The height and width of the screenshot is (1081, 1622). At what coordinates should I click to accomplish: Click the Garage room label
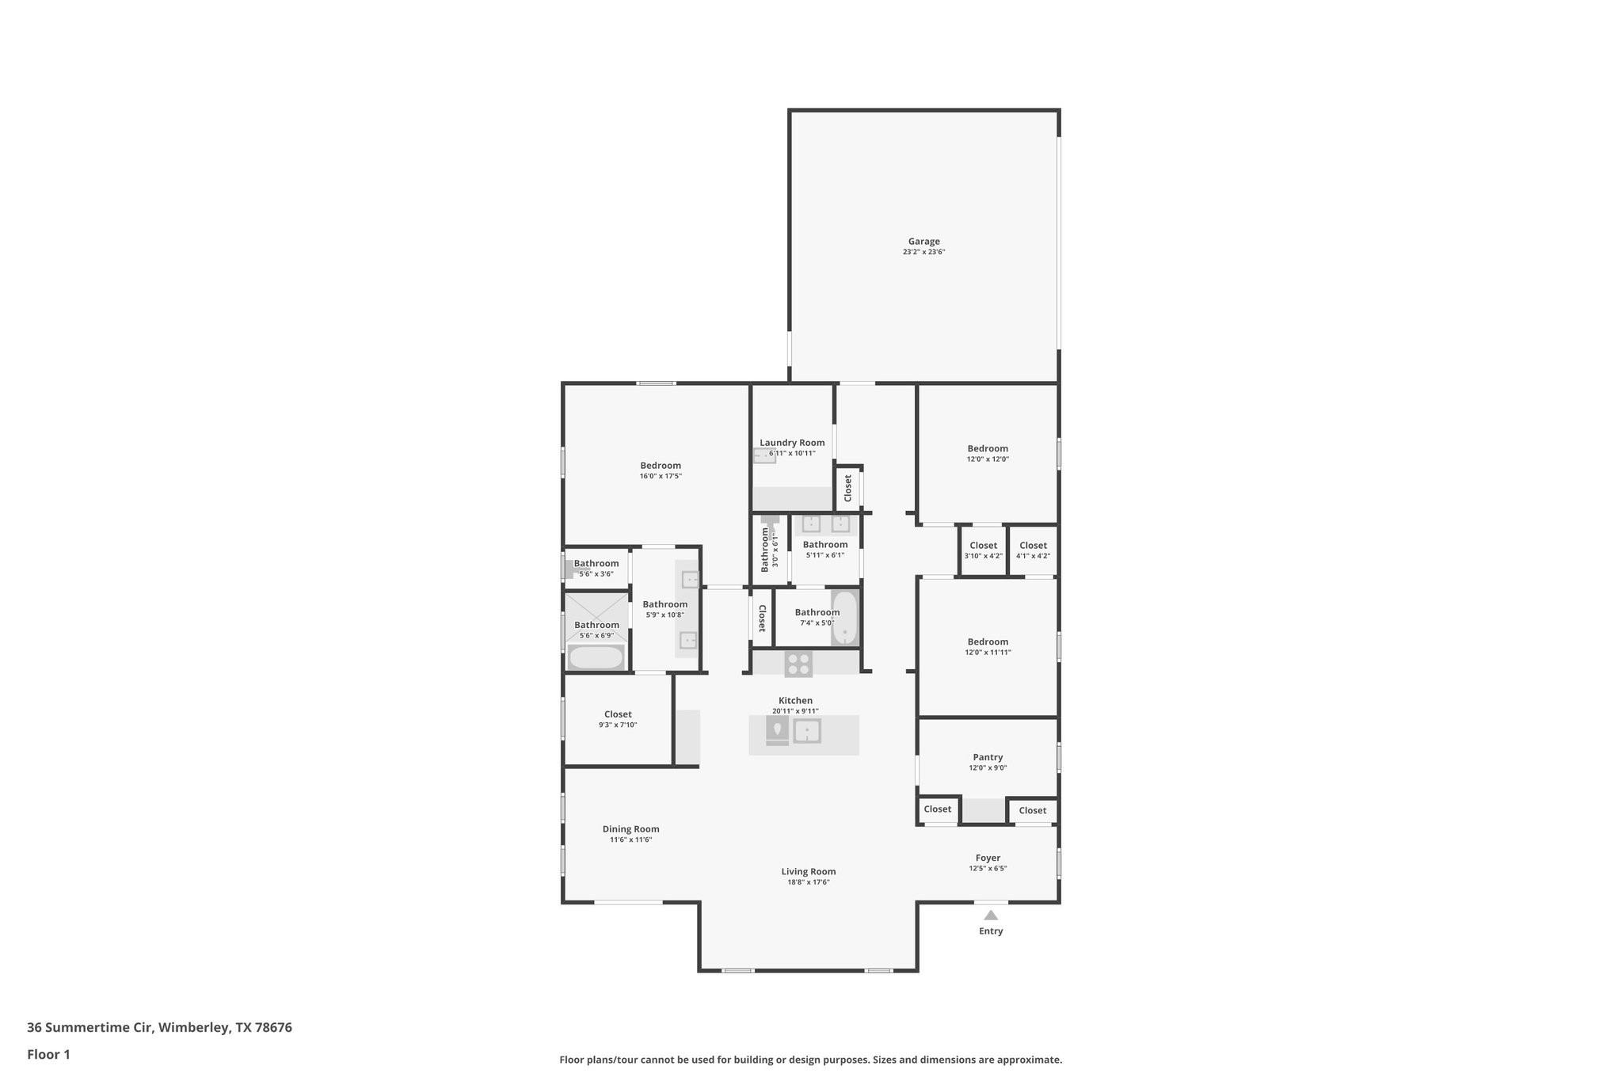(x=923, y=242)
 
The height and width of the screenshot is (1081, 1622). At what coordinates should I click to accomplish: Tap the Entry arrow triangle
(x=991, y=915)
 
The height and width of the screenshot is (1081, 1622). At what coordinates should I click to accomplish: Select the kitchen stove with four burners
(x=798, y=664)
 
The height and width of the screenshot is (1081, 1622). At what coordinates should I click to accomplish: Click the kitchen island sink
(x=807, y=731)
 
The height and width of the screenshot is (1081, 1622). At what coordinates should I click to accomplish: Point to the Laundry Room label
(x=792, y=443)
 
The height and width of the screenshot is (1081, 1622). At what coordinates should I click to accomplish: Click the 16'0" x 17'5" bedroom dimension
(x=661, y=476)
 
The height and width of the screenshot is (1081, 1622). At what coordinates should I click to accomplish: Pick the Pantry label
(x=988, y=757)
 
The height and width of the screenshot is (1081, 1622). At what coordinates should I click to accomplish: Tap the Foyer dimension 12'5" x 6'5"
(x=988, y=868)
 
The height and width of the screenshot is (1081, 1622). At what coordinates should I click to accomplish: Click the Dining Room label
(x=630, y=829)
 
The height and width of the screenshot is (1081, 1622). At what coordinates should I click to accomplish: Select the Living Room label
(x=808, y=871)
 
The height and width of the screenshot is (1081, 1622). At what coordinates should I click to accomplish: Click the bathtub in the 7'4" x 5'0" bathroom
(x=845, y=618)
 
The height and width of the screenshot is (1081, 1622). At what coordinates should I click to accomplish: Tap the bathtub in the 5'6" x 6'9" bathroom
(x=596, y=657)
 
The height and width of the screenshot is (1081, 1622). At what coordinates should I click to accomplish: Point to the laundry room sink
(x=764, y=455)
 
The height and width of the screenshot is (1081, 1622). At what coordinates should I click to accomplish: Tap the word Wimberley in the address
(x=193, y=1027)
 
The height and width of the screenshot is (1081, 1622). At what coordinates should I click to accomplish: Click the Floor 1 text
(x=48, y=1054)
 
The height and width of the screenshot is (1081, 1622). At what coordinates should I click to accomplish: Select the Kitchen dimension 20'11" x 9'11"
(x=795, y=711)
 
